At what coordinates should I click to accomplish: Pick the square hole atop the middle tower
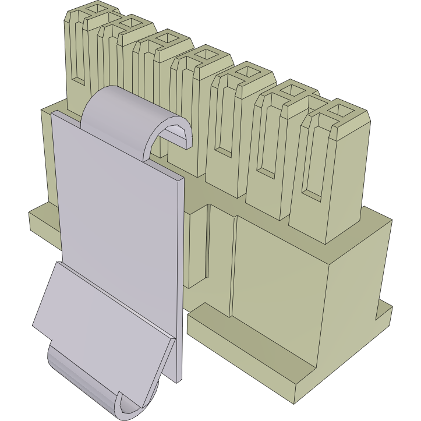[206, 55]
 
